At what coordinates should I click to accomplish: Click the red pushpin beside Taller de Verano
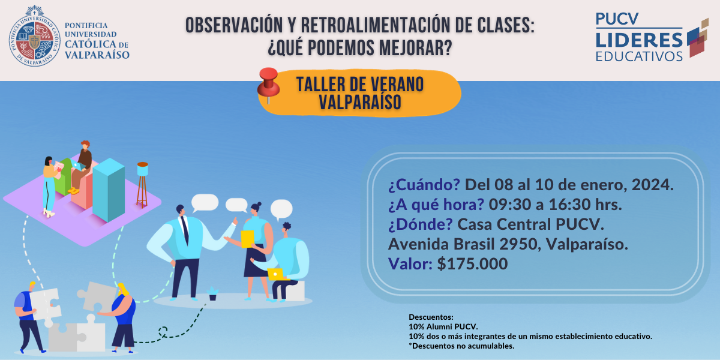[268, 84]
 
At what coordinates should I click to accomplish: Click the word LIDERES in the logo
[639, 40]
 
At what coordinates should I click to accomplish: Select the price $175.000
[472, 263]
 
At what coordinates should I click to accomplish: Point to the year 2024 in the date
[653, 185]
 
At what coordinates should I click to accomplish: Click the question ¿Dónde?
[421, 224]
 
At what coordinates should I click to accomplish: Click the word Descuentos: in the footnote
[431, 317]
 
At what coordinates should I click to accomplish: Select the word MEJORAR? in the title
[416, 48]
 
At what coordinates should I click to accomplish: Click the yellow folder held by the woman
[248, 239]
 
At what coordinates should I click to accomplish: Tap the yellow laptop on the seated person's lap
[277, 274]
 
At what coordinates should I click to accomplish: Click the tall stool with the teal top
[142, 185]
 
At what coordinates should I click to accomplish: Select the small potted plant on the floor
[212, 293]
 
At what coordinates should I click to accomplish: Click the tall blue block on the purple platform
[109, 190]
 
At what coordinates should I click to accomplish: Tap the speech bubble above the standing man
[205, 203]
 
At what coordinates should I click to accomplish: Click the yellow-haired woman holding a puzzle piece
[123, 317]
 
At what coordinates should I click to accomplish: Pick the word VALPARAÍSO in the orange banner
[360, 102]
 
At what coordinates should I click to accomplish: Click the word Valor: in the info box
[410, 263]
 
